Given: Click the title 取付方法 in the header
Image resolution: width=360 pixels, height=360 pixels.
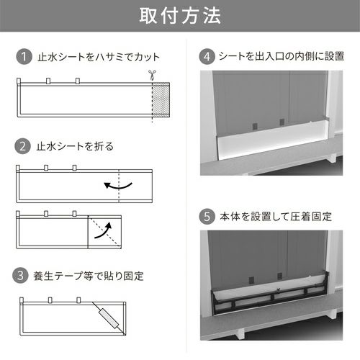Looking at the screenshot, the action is [x=180, y=16].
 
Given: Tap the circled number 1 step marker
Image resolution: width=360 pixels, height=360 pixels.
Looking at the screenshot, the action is [x=24, y=57].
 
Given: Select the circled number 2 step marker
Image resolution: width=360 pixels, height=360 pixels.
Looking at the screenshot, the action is [x=22, y=146].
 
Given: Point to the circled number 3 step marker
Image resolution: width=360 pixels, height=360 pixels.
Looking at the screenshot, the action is [x=20, y=276].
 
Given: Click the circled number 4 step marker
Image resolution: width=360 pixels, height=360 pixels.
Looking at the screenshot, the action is [x=207, y=57].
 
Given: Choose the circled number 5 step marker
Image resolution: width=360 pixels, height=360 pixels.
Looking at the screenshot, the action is [x=207, y=217].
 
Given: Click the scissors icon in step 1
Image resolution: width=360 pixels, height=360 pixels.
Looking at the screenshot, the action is [x=152, y=75].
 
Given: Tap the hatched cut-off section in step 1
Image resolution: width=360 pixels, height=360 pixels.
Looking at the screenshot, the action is [x=161, y=99].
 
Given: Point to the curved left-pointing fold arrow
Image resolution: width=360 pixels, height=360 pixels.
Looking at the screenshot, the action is [x=118, y=186].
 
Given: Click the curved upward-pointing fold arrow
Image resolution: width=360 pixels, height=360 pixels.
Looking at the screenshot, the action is [x=104, y=232].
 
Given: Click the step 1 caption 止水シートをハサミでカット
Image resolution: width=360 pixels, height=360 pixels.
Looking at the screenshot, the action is [x=99, y=57].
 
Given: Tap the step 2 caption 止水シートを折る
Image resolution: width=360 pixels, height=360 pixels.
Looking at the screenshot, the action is [x=75, y=146].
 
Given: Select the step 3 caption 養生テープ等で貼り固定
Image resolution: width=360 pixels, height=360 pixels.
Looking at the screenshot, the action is [x=89, y=276].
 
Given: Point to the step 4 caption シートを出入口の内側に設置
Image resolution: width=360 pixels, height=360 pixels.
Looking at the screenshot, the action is [x=282, y=56].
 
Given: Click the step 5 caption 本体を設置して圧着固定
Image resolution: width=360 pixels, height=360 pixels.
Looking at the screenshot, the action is [x=276, y=217].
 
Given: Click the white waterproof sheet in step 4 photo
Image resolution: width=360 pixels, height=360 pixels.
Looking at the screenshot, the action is [x=272, y=140].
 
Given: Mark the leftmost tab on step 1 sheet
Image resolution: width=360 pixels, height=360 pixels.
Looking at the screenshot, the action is [x=19, y=81].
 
